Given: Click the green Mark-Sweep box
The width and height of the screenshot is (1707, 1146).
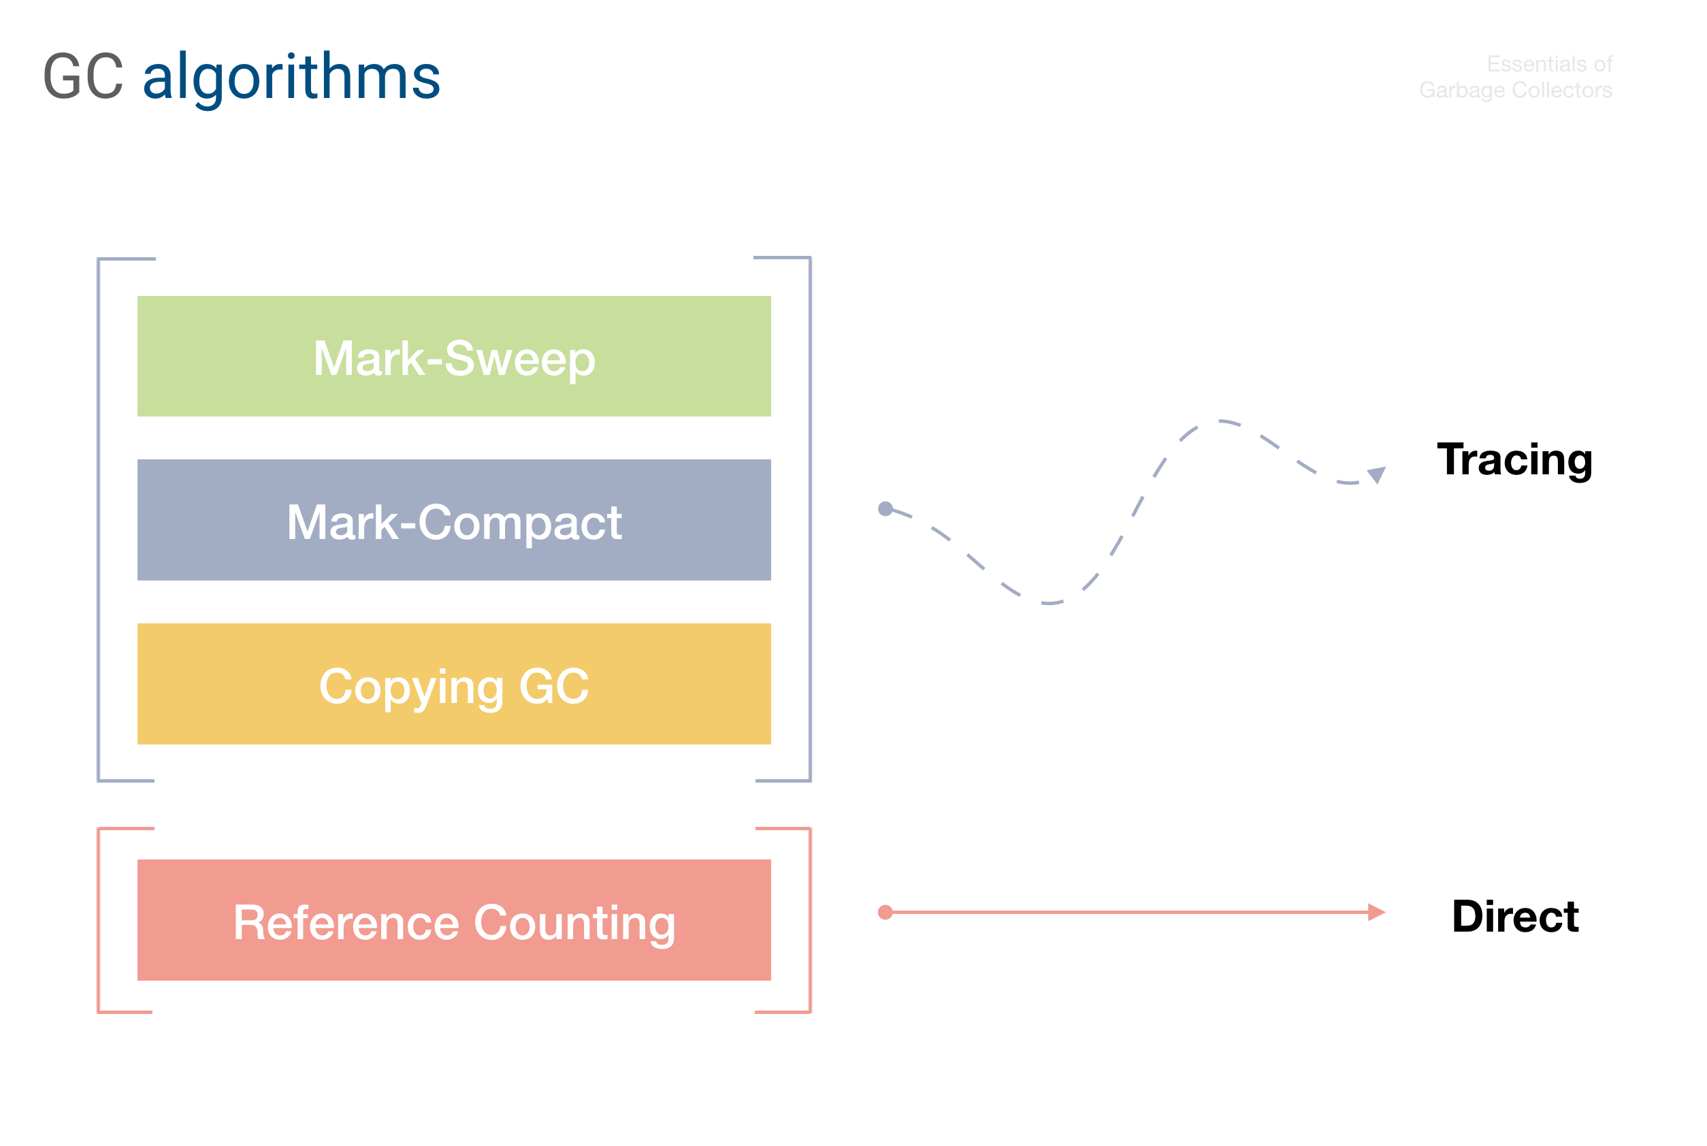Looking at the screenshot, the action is pyautogui.click(x=454, y=356).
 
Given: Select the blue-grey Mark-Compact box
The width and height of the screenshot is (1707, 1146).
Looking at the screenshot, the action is pyautogui.click(x=454, y=520).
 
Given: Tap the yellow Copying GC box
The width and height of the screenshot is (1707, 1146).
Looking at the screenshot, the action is pyautogui.click(x=454, y=683).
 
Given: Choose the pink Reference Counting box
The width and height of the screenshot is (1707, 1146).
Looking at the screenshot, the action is pyautogui.click(x=454, y=919).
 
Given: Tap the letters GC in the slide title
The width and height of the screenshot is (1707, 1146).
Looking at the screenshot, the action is pyautogui.click(x=83, y=76).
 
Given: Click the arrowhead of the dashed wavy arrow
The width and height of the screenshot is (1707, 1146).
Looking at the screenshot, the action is pyautogui.click(x=1377, y=474).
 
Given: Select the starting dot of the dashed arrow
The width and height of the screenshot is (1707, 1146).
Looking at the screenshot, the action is pyautogui.click(x=885, y=508).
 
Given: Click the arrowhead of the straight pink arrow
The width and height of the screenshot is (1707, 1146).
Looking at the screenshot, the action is pyautogui.click(x=1377, y=912).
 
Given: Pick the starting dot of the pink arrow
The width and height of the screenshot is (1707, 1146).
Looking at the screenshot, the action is pyautogui.click(x=885, y=912).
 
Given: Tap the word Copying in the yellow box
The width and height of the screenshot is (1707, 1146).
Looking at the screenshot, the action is pyautogui.click(x=412, y=688).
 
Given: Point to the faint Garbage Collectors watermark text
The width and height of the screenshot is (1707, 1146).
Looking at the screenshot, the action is pyautogui.click(x=1516, y=90).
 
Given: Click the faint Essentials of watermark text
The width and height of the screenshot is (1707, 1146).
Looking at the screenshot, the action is pyautogui.click(x=1549, y=65).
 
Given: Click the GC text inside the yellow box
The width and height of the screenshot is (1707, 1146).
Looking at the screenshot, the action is pyautogui.click(x=553, y=686).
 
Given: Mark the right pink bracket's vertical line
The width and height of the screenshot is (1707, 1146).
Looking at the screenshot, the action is pyautogui.click(x=810, y=920).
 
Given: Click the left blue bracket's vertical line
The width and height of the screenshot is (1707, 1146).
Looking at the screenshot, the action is pyautogui.click(x=99, y=520).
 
